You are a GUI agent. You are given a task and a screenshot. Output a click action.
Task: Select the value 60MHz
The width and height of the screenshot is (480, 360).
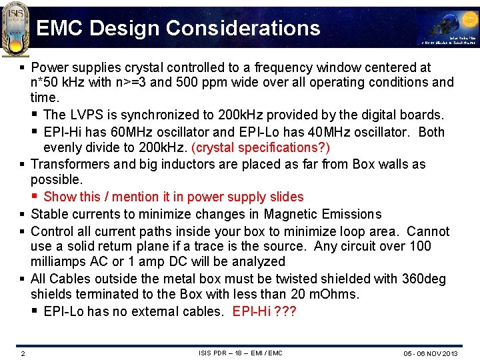tap(141, 132)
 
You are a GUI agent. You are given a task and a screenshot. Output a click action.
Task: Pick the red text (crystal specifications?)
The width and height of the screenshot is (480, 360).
tap(260, 147)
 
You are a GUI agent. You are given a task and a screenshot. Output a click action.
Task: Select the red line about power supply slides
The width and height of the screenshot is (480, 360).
tap(173, 197)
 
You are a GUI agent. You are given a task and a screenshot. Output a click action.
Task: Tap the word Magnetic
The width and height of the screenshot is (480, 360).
tap(289, 214)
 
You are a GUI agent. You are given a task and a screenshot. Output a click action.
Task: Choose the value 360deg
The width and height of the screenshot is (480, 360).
tap(424, 279)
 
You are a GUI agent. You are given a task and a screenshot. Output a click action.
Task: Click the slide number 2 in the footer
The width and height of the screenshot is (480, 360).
tap(23, 353)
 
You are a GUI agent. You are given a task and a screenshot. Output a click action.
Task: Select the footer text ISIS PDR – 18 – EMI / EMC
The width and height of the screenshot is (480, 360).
tap(240, 353)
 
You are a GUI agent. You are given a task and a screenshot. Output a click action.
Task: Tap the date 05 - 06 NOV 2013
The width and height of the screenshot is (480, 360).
tap(430, 353)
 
